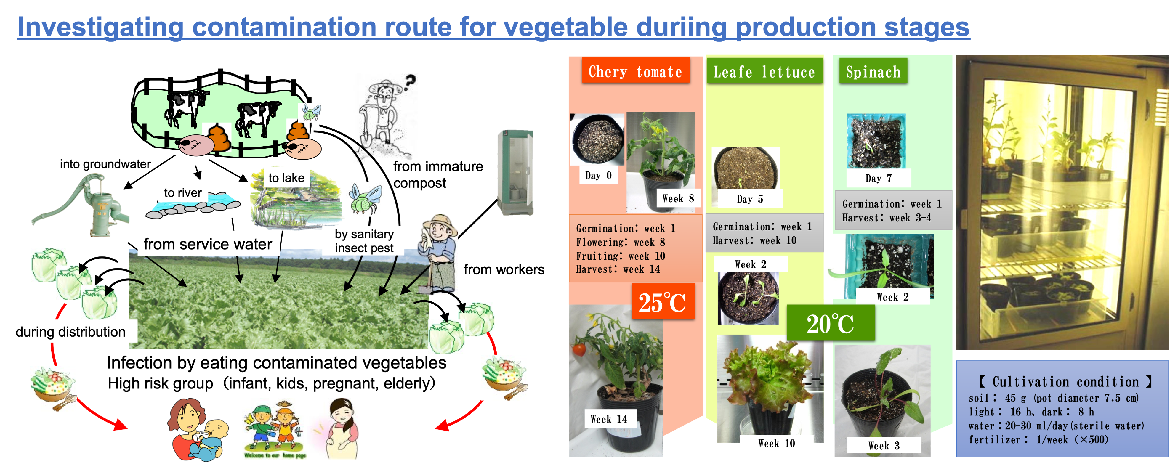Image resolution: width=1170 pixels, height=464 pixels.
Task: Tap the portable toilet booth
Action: pyautogui.click(x=515, y=173)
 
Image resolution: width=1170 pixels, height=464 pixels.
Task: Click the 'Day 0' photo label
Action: pyautogui.click(x=598, y=175)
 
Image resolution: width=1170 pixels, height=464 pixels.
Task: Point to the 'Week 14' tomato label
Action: pyautogui.click(x=609, y=419)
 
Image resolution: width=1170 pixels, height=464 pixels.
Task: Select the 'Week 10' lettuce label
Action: pyautogui.click(x=777, y=443)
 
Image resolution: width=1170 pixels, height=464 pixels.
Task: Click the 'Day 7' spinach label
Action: pyautogui.click(x=879, y=178)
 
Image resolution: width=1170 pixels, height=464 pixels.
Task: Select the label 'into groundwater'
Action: pyautogui.click(x=105, y=164)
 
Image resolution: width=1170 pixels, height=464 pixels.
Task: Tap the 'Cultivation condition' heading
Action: pyautogui.click(x=1065, y=381)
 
